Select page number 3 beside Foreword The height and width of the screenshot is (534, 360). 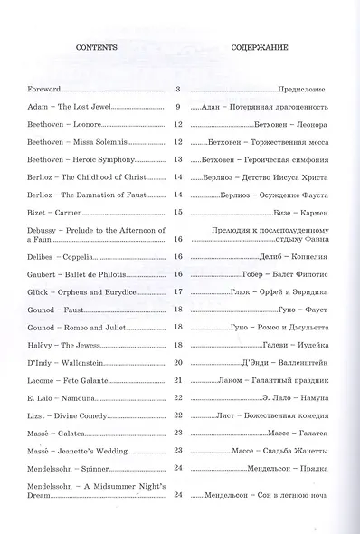(178, 90)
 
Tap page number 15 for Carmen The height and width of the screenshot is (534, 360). (178, 211)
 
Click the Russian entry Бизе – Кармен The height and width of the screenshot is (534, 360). (296, 212)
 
